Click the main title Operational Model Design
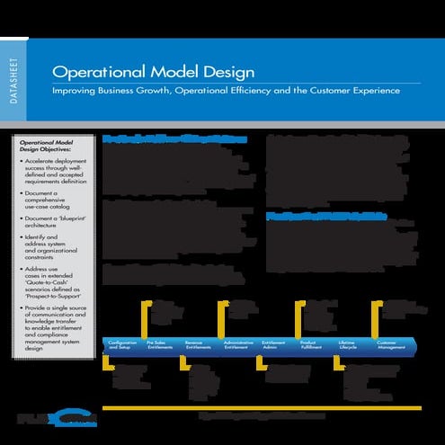(153, 72)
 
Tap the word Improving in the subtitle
(76, 92)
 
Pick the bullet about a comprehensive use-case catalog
(54, 203)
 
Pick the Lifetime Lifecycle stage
(349, 345)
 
